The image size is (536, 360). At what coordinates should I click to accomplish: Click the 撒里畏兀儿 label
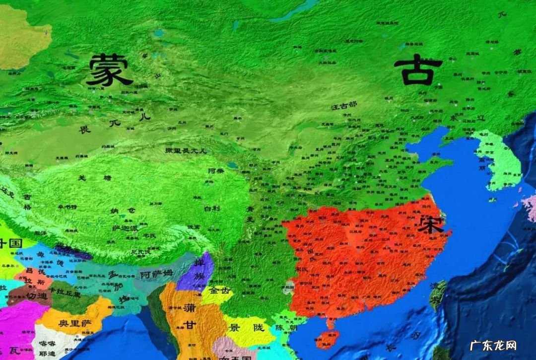point(186,150)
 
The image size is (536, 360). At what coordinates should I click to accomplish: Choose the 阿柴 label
point(216,170)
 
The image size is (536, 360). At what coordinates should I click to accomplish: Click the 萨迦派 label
point(124,228)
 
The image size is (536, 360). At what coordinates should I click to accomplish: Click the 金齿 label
point(219,291)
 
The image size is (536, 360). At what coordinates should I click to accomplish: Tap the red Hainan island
point(327,339)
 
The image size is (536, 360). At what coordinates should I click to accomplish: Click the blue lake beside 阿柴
point(232,165)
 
